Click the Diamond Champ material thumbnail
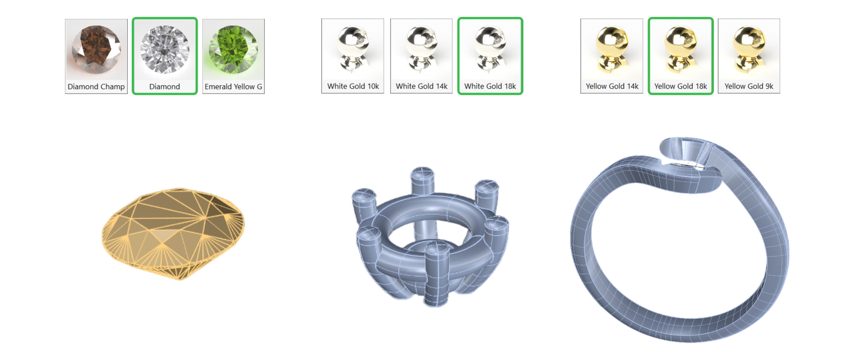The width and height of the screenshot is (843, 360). click(96, 56)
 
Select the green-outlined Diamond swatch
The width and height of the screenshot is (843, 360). click(165, 56)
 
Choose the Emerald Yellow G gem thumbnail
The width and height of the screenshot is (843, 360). click(234, 56)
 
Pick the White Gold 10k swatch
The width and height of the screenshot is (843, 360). click(353, 56)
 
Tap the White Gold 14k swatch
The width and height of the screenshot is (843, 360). click(421, 56)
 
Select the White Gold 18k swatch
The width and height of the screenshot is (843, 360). click(490, 56)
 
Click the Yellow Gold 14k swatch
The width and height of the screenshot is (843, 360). click(612, 56)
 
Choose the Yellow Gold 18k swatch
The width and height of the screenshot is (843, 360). click(681, 56)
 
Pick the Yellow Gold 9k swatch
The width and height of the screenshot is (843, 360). click(749, 56)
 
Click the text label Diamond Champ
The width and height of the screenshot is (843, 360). click(96, 86)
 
